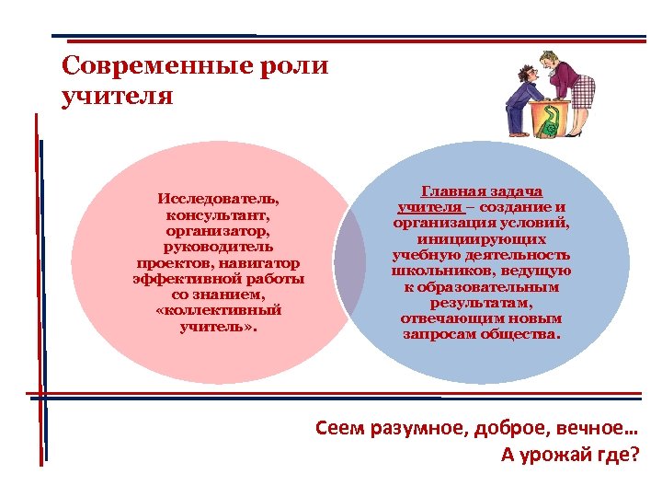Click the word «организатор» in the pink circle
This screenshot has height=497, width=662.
click(x=219, y=231)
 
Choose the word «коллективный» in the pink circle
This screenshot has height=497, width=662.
click(x=219, y=311)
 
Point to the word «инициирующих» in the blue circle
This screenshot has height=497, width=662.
click(x=481, y=238)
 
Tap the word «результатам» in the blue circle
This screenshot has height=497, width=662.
click(x=481, y=302)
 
